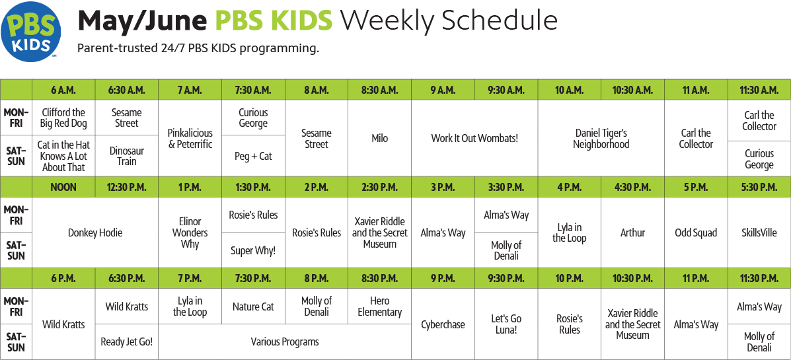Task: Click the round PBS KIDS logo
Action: coord(31,31)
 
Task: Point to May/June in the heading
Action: coord(143,21)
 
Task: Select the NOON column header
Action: coord(63,187)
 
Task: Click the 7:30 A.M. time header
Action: coord(253,90)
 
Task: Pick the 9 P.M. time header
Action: coord(443,278)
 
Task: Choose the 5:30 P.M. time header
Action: coord(759,187)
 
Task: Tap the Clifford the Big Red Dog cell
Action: coord(63,118)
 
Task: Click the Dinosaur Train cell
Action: coord(127,156)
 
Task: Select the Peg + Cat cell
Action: coord(253,156)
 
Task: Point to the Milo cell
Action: coord(379,138)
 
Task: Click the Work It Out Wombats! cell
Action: coord(474,138)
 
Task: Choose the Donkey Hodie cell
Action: coord(95,233)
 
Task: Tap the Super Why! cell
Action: coord(253,250)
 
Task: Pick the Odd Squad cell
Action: coord(696,233)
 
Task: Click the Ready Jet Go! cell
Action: coord(127,342)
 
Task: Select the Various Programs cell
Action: coord(285,342)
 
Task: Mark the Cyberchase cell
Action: coord(443,324)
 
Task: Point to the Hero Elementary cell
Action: coord(379,306)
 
